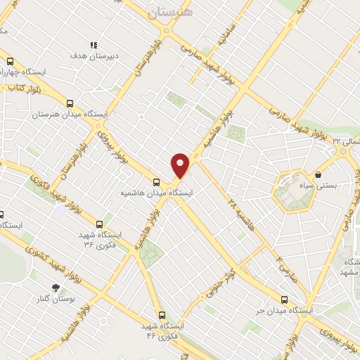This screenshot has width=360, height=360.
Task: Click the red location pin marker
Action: click(x=181, y=165)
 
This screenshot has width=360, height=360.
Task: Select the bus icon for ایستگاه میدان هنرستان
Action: click(x=70, y=103)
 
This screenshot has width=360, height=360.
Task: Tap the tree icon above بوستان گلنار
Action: click(x=56, y=288)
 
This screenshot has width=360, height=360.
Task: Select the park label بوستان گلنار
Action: click(x=56, y=300)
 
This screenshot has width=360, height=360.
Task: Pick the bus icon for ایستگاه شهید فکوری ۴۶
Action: click(x=162, y=315)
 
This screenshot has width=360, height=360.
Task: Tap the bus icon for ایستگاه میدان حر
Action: click(x=284, y=298)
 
